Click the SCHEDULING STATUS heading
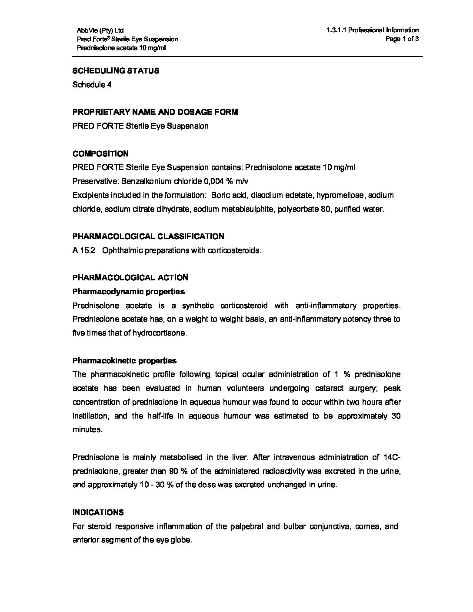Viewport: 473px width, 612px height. [x=116, y=71]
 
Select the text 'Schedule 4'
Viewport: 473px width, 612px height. [x=92, y=85]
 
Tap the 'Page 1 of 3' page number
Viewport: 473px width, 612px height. [x=402, y=39]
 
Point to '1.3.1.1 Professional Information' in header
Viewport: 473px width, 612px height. [x=373, y=30]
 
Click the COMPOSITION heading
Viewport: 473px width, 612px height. [x=100, y=153]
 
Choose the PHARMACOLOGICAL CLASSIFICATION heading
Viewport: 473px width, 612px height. [x=148, y=236]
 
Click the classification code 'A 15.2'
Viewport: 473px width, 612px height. [x=82, y=250]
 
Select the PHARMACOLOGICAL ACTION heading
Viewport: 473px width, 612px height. [x=130, y=278]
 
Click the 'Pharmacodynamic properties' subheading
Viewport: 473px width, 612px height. [x=129, y=291]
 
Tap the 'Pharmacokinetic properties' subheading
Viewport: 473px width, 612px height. [x=125, y=361]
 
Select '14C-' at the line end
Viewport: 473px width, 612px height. [x=392, y=457]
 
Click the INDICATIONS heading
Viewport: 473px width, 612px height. [x=98, y=512]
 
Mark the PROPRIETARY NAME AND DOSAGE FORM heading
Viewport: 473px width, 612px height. [x=155, y=112]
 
